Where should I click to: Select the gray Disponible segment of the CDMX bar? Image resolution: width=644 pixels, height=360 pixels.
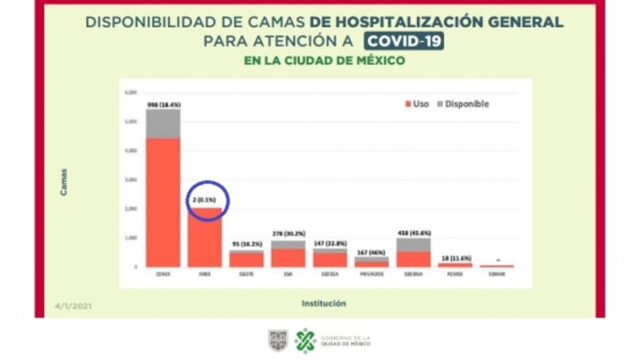point(163,123)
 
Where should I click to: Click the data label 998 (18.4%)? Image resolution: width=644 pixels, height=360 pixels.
point(163,105)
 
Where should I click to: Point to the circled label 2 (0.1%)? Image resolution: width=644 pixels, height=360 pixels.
point(204,200)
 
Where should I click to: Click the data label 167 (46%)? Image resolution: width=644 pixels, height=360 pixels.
point(372,252)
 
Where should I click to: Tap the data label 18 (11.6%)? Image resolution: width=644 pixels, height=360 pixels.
point(455,258)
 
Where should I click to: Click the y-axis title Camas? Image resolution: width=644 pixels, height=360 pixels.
point(63,182)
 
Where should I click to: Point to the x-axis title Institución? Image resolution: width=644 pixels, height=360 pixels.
point(323,303)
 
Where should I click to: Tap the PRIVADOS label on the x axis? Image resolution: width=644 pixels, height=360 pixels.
point(372,274)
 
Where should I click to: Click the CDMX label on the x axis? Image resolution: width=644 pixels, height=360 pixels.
point(163,274)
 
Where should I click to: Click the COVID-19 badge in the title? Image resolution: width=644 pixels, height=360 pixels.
point(404,41)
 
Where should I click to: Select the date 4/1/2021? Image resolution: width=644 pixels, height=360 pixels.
point(73,306)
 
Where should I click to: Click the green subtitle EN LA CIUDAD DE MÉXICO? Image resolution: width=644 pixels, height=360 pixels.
point(324,60)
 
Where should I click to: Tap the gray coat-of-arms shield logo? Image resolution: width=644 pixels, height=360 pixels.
point(278,340)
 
